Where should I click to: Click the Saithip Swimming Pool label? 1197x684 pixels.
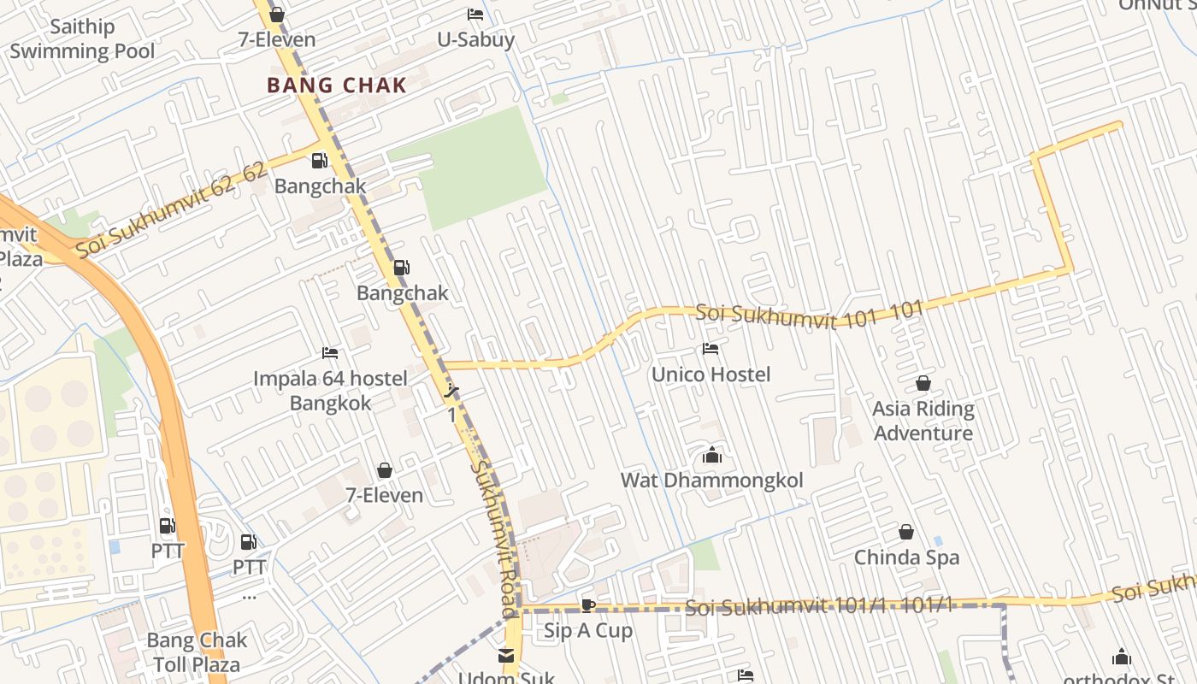point(82,39)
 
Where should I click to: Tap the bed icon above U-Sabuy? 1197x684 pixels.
point(475,15)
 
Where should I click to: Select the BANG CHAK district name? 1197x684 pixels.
point(336,85)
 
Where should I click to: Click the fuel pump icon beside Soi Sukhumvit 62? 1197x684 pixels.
point(319,160)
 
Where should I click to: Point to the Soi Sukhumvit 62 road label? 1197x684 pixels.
point(171,211)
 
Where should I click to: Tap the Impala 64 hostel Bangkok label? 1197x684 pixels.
point(330,391)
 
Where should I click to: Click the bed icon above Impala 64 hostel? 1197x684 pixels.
point(330,352)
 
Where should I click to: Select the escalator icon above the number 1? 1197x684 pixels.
point(452,392)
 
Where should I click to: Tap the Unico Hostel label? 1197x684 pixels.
point(711,374)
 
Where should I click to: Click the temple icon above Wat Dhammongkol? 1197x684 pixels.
point(711,456)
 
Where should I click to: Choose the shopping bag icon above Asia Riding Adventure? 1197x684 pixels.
point(923,383)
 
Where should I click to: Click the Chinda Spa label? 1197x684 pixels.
point(906,557)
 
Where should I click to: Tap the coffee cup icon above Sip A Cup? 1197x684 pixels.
point(588,605)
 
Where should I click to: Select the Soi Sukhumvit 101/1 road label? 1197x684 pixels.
point(818,607)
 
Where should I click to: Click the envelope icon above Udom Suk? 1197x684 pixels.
point(506,656)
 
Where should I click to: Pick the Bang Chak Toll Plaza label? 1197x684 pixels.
point(197,652)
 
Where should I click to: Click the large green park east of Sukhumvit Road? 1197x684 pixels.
point(479,167)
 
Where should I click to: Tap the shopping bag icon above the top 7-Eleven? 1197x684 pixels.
point(276,15)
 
